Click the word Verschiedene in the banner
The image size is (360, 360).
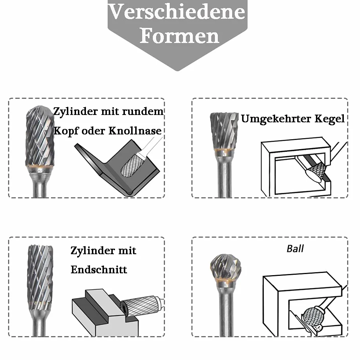(x=176, y=11)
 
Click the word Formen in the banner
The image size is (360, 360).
(x=179, y=36)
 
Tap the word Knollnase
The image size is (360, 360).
(x=135, y=131)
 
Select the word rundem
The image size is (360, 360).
(x=143, y=111)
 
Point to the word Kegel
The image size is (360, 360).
(x=330, y=119)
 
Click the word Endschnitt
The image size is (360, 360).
(x=99, y=270)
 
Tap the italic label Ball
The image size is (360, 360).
(x=295, y=249)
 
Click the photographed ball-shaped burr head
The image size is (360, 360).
(x=226, y=267)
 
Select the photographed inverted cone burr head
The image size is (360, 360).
(x=224, y=131)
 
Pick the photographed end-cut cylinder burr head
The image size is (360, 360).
(x=40, y=274)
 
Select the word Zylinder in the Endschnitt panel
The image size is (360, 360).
(x=93, y=251)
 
